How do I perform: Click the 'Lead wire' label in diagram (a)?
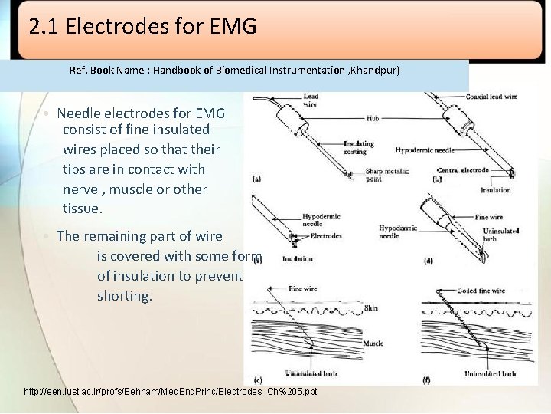(x=311, y=100)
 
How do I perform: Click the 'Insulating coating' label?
(x=359, y=146)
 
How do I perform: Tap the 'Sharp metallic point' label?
(x=383, y=175)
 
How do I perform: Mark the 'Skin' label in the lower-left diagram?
(x=371, y=307)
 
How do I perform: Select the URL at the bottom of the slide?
(x=170, y=392)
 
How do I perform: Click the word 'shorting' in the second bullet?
(x=124, y=296)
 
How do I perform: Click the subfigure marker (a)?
(x=256, y=179)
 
